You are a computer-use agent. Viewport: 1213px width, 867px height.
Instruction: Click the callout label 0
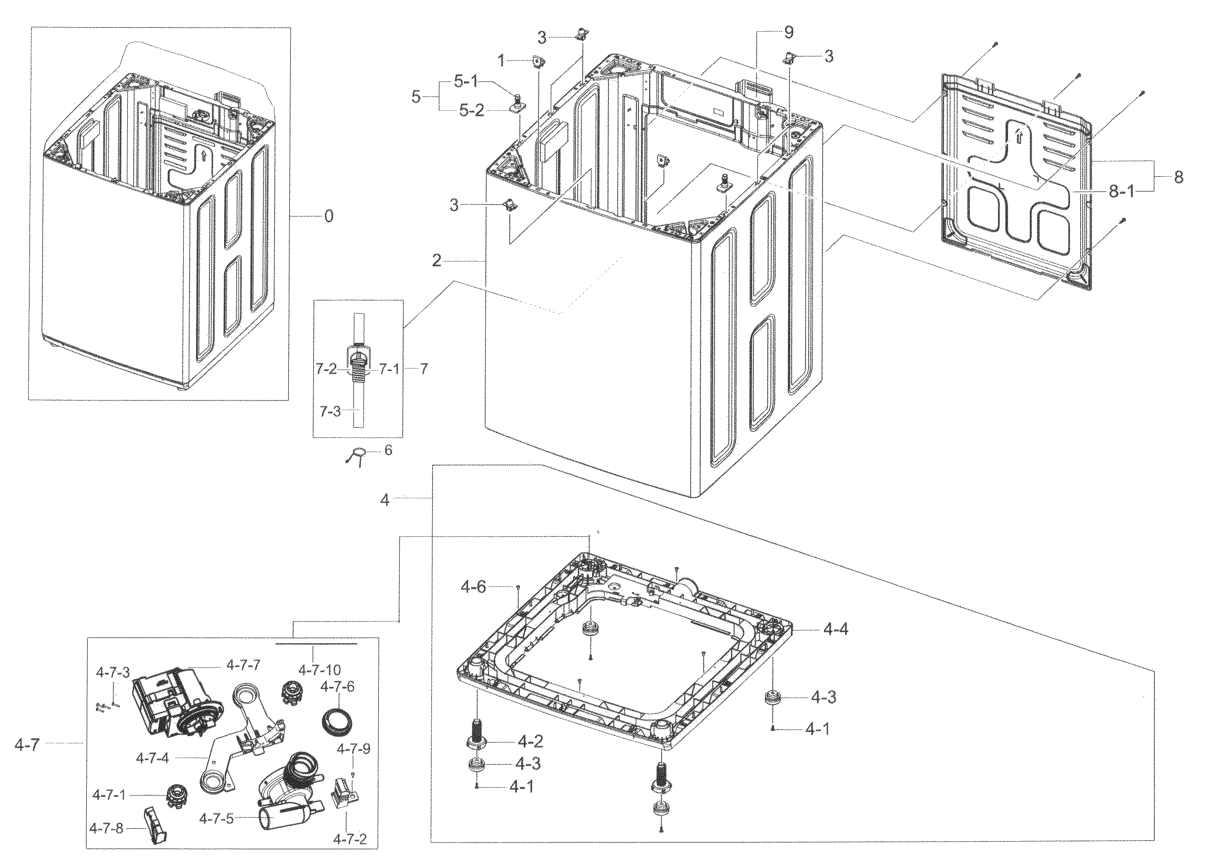pyautogui.click(x=329, y=216)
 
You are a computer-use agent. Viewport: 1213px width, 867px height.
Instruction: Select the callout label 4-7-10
pyautogui.click(x=319, y=670)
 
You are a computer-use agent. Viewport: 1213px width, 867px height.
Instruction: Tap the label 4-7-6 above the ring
pyautogui.click(x=337, y=687)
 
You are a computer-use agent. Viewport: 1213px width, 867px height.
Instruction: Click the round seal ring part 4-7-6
pyautogui.click(x=337, y=721)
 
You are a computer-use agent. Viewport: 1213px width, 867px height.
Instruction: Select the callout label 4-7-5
pyautogui.click(x=216, y=819)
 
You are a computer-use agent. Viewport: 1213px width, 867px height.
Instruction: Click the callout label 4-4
pyautogui.click(x=835, y=630)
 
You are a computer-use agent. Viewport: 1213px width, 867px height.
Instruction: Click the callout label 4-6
pyautogui.click(x=473, y=587)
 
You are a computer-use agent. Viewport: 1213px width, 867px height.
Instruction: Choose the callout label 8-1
pyautogui.click(x=1121, y=191)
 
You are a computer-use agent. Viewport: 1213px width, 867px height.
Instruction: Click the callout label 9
pyautogui.click(x=789, y=33)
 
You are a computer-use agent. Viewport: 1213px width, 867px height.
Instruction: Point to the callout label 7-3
pyautogui.click(x=330, y=412)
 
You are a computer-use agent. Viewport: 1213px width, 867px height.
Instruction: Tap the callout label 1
pyautogui.click(x=501, y=61)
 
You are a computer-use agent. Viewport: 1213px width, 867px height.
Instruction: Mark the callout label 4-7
pyautogui.click(x=27, y=745)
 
